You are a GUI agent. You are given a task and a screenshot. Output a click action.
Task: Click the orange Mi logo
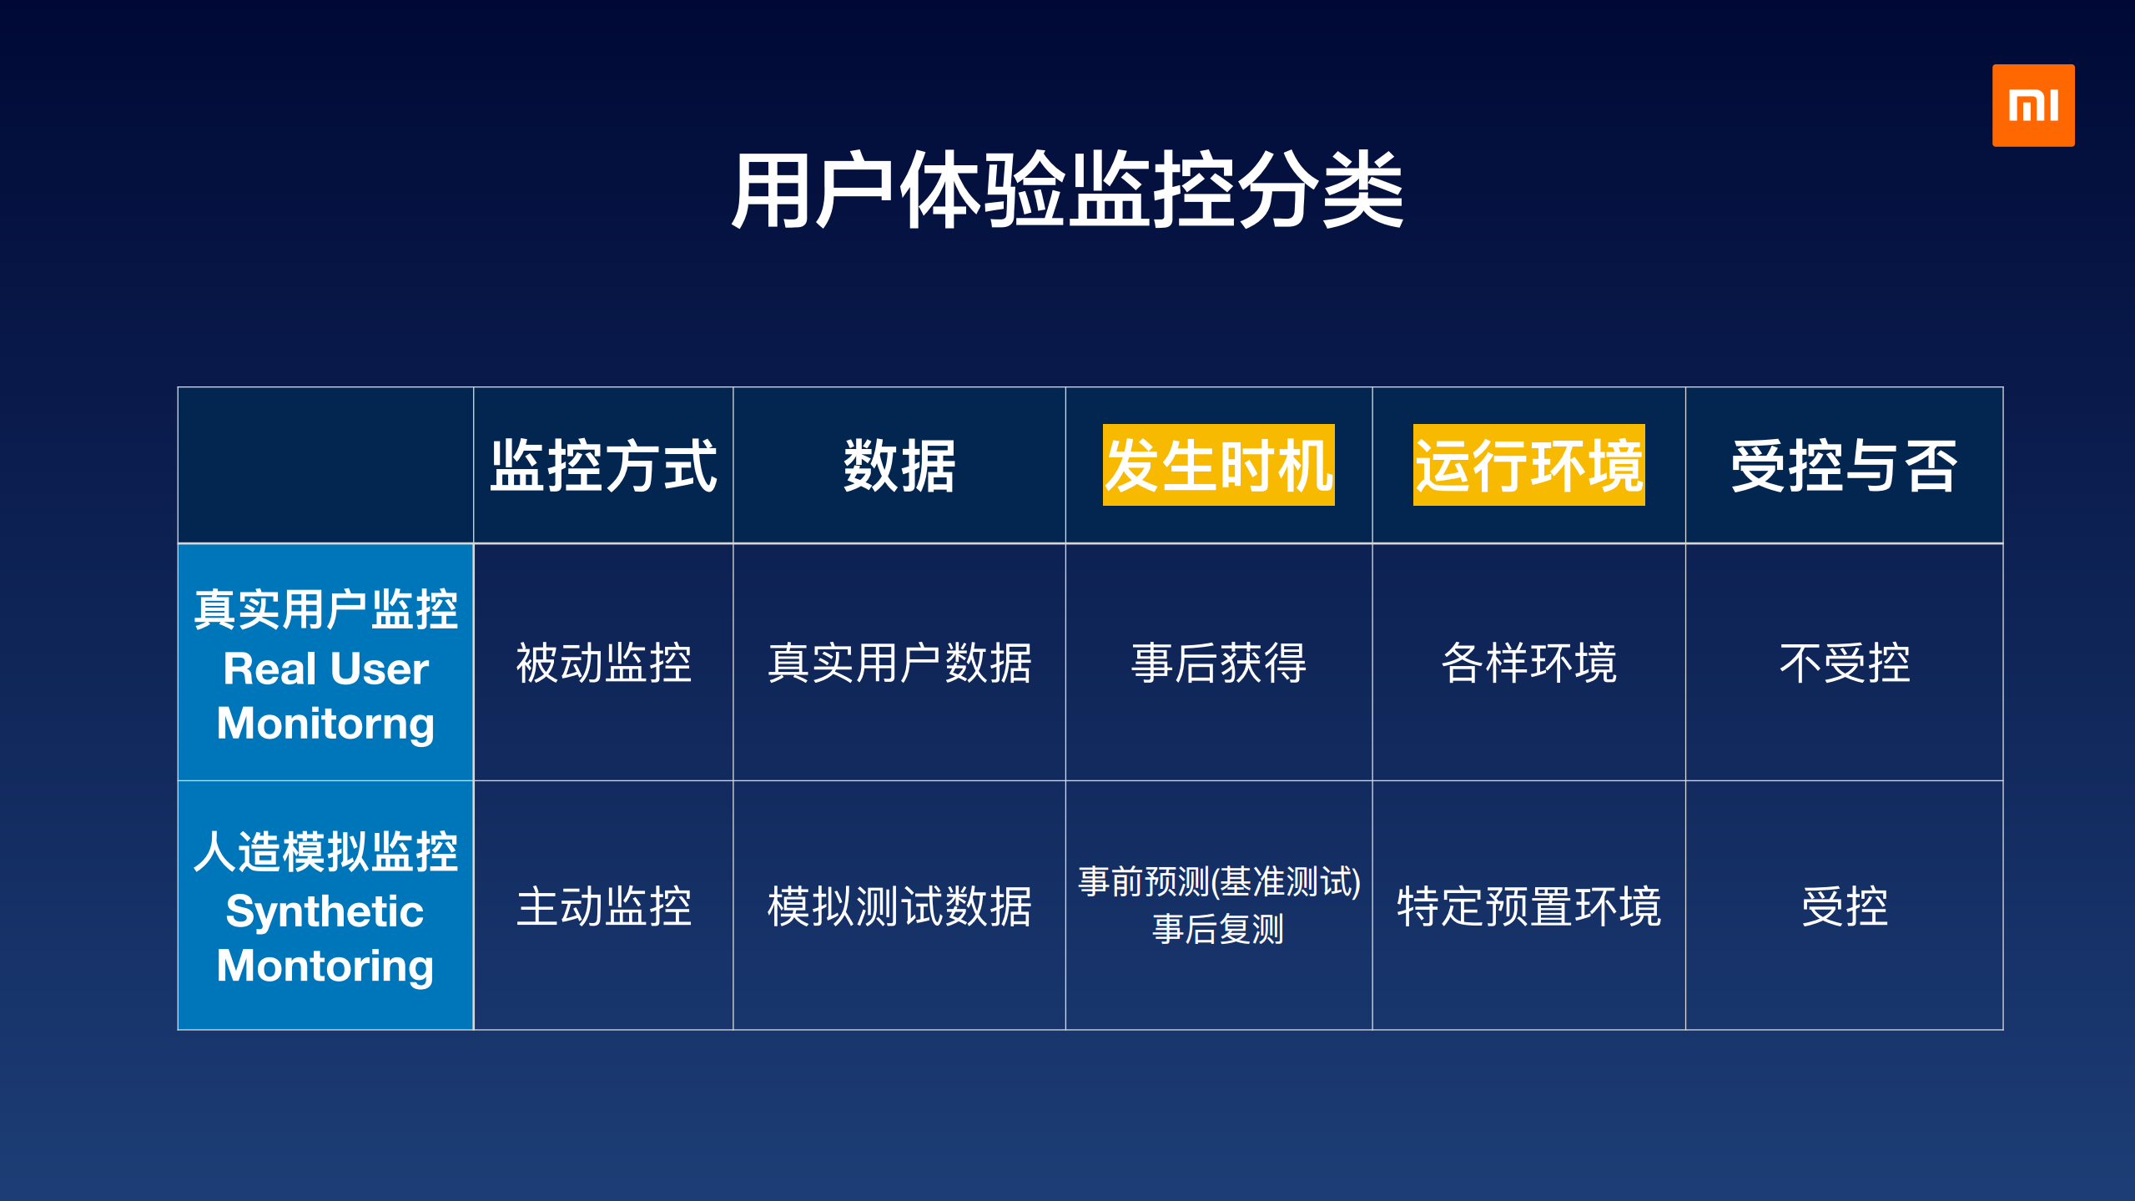coord(2032,106)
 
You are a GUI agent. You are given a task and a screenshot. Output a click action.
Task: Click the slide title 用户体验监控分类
coord(1067,190)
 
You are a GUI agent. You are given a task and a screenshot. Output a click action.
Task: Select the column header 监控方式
coord(603,466)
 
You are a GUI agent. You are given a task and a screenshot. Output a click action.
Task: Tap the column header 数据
coord(899,466)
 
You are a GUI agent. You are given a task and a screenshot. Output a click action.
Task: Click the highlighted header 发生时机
coord(1218,465)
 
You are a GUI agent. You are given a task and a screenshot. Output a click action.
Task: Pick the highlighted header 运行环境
coord(1528,465)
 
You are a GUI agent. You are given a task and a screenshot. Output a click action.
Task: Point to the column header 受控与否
coord(1844,466)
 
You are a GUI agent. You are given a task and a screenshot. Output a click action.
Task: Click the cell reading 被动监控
coord(603,664)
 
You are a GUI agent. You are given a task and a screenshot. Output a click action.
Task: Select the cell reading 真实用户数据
coord(899,664)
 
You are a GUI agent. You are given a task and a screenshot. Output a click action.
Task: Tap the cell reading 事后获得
coord(1218,664)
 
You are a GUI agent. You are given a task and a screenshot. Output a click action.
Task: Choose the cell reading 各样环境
coord(1528,664)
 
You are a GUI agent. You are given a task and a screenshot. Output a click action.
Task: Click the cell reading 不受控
coord(1844,664)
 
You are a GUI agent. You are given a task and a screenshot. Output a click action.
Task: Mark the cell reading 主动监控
coord(603,906)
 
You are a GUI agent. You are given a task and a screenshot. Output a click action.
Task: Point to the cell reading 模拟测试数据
coord(899,906)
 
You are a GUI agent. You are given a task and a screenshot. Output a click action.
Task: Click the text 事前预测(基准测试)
coord(1218,881)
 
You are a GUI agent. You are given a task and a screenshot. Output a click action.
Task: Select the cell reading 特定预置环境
coord(1528,906)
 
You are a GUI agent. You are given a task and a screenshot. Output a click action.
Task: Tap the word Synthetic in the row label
coord(325,911)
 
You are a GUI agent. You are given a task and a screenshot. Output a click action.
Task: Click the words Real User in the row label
coord(325,669)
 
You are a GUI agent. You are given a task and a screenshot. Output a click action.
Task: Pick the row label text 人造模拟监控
coord(325,852)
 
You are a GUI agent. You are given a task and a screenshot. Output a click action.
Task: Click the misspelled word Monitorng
coord(325,723)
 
